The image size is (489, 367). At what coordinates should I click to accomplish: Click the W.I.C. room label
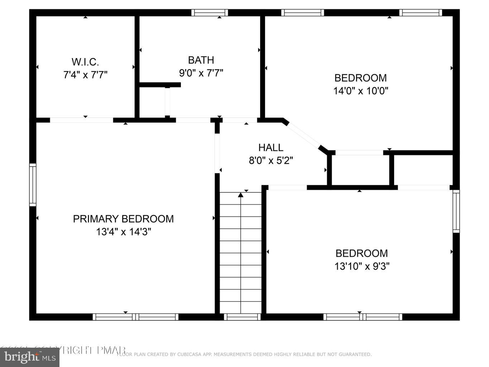(85, 62)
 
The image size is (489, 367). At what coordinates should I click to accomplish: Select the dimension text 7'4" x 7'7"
(85, 75)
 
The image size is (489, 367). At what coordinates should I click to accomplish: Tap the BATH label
(201, 60)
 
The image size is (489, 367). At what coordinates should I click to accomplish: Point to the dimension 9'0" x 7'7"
(201, 73)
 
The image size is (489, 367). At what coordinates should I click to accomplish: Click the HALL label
(271, 147)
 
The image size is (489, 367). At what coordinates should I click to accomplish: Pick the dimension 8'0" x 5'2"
(271, 161)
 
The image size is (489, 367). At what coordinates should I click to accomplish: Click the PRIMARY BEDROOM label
(123, 219)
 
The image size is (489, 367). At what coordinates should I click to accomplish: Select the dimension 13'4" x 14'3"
(123, 232)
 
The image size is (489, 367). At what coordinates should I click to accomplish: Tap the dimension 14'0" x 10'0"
(361, 91)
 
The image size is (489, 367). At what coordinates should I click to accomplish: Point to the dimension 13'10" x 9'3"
(362, 266)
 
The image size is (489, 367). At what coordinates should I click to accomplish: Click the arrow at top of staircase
(241, 195)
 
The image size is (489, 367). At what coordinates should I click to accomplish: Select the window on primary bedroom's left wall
(33, 185)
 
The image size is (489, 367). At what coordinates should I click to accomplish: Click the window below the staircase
(242, 317)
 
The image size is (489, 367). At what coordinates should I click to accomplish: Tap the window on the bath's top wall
(210, 13)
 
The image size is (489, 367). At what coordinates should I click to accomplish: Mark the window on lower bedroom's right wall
(456, 211)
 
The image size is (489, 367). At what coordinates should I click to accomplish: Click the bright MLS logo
(30, 357)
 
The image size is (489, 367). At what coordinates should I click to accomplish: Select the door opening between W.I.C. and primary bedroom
(81, 120)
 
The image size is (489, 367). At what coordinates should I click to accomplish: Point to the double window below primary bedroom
(135, 317)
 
